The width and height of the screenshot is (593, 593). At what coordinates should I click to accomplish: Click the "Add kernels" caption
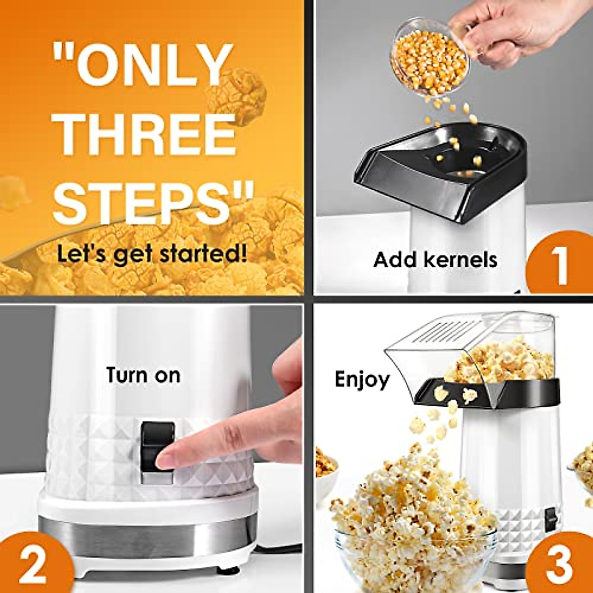(x=435, y=259)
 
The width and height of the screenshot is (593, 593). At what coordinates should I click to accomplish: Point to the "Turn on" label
(x=143, y=375)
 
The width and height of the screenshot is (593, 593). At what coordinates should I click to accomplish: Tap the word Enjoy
(x=362, y=380)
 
